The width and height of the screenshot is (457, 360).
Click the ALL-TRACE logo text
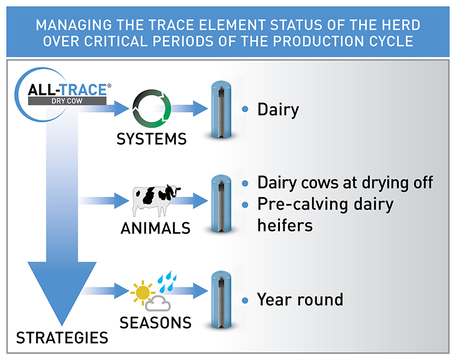point(68,90)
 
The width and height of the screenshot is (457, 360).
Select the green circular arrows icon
point(151,108)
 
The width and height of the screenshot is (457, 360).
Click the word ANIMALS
point(155,229)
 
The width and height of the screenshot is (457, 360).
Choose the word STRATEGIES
point(62,337)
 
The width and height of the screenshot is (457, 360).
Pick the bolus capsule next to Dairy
point(221,109)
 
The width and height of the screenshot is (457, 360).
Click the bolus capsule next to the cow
point(221,203)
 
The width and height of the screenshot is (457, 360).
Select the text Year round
point(300,299)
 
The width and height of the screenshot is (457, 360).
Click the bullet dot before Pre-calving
point(245,204)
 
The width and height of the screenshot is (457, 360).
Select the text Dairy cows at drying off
point(345,183)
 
